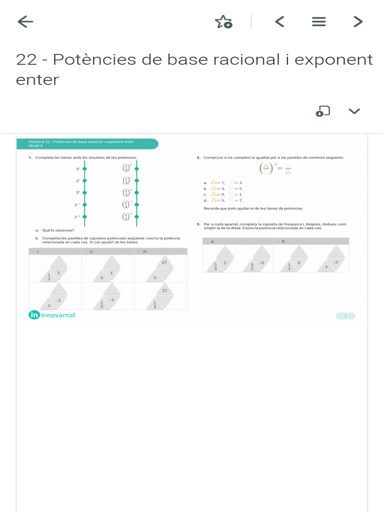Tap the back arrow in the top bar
click(25, 21)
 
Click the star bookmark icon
click(223, 21)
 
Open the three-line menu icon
click(318, 21)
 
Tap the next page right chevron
click(357, 21)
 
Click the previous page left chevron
click(279, 21)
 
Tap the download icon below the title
click(322, 111)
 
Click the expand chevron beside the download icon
click(354, 111)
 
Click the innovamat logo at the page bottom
click(52, 315)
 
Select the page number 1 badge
click(345, 315)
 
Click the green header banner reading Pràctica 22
click(87, 143)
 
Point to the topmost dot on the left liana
click(84, 169)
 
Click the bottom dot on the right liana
click(136, 216)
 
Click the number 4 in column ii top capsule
click(111, 272)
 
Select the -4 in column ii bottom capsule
click(111, 299)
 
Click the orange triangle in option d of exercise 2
click(213, 199)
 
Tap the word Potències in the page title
click(86, 59)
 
